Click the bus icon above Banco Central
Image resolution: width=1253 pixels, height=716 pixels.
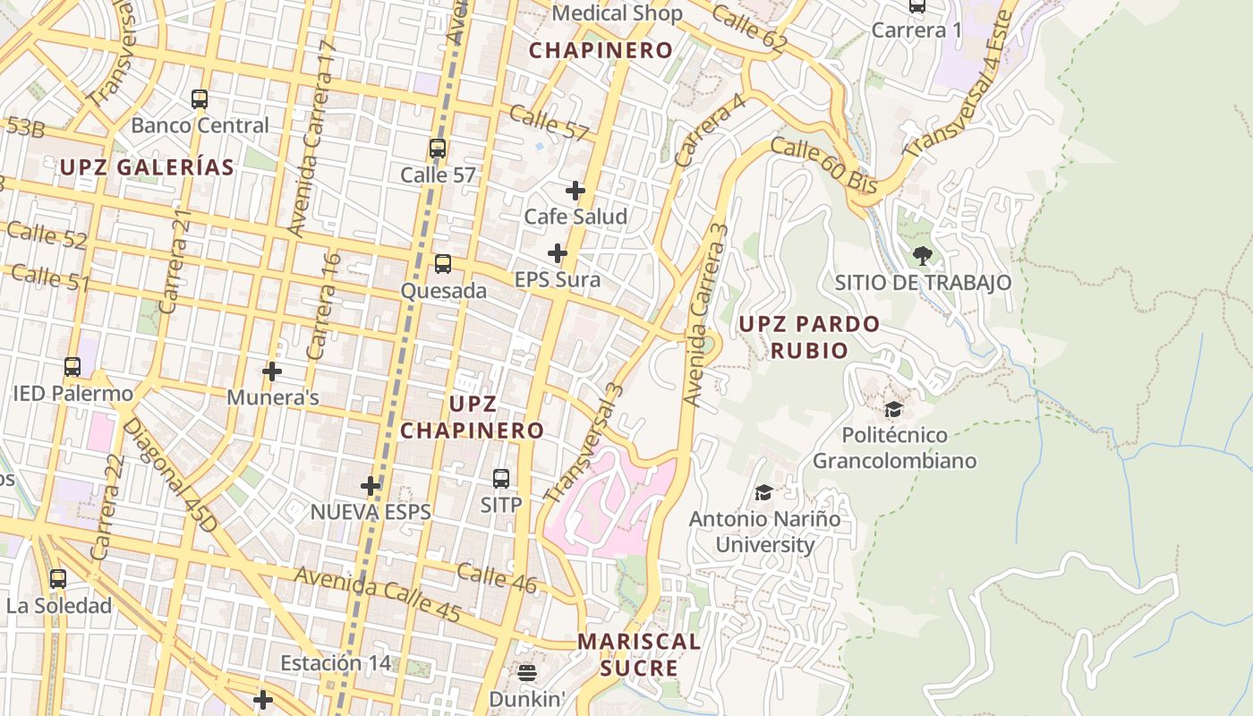pos(200,99)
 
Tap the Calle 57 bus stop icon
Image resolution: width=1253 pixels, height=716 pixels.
pos(438,149)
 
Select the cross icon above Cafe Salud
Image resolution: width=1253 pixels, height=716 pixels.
pos(575,191)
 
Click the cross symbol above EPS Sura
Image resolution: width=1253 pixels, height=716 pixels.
pos(558,253)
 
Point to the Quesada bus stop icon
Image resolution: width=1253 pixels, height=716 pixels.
pos(443,264)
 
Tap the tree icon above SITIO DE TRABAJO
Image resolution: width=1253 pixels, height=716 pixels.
pos(923,256)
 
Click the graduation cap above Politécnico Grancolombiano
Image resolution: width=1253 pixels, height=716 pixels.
pos(893,410)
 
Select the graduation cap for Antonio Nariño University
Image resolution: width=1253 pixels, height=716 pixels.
pos(763,492)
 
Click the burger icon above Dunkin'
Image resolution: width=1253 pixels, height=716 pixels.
pos(527,672)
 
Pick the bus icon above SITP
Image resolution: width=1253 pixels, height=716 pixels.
pos(501,479)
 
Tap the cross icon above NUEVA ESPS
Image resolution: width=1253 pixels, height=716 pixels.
pos(371,486)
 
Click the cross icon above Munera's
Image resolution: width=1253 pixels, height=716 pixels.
pos(272,371)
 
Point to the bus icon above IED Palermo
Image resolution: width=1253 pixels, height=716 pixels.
pos(72,367)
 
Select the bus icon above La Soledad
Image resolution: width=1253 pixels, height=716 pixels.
pos(58,579)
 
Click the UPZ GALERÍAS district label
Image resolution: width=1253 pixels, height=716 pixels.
pos(147,167)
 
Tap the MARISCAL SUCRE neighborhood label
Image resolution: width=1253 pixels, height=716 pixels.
pos(639,654)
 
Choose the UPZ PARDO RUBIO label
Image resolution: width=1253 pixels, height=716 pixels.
pos(809,336)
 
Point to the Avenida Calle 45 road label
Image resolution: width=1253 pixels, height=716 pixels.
pos(378,595)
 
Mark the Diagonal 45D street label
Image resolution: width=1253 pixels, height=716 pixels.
pos(169,475)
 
